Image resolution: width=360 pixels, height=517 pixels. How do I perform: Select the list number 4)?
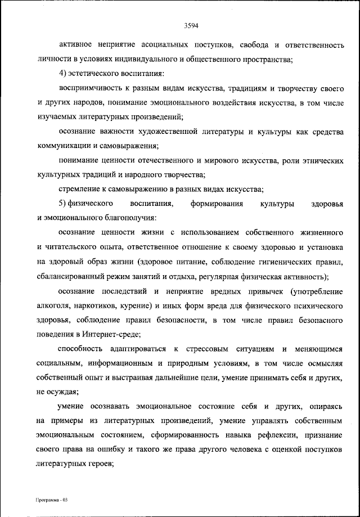coord(63,74)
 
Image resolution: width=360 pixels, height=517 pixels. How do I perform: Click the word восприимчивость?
coord(85,89)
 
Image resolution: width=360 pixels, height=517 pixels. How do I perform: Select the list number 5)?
coord(63,203)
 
